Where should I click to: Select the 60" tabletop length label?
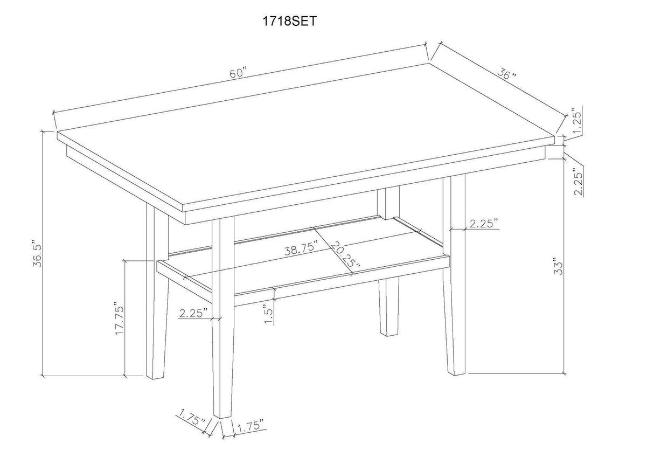(x=237, y=73)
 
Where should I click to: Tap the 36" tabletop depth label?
(x=506, y=74)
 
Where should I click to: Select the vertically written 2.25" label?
(x=579, y=183)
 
